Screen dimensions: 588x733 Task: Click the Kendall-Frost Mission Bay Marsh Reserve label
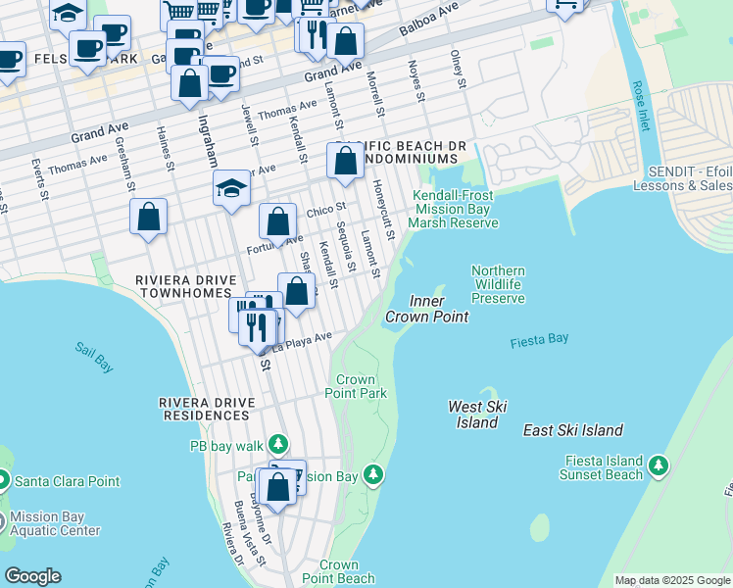click(x=455, y=209)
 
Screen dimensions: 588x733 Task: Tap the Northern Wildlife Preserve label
click(x=498, y=284)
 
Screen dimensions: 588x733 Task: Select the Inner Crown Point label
click(x=426, y=309)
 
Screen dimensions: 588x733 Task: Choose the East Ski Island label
click(x=573, y=430)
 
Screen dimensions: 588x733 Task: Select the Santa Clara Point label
click(x=65, y=481)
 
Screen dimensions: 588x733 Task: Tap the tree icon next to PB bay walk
click(x=279, y=445)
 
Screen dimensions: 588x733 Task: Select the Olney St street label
click(x=457, y=69)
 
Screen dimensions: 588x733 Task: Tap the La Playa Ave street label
click(x=302, y=341)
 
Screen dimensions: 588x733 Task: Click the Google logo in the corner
click(x=32, y=576)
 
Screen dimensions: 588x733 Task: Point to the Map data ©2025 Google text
click(x=671, y=580)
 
